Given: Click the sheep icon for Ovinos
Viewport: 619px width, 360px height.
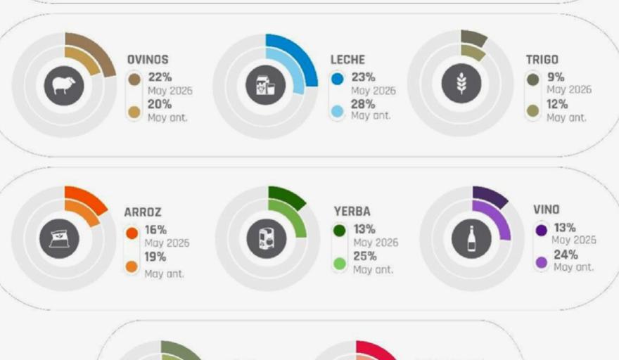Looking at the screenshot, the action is [x=64, y=86].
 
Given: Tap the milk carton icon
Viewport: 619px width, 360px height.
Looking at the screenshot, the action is [x=265, y=85].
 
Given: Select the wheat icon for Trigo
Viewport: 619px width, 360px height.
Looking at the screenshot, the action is [x=461, y=83].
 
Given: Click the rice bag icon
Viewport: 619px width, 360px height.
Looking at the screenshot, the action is [x=59, y=239].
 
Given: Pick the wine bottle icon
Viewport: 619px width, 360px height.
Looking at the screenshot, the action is [x=471, y=239].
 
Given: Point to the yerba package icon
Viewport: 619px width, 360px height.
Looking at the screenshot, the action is [x=267, y=239].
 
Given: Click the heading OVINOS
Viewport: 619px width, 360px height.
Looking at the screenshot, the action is [x=148, y=60].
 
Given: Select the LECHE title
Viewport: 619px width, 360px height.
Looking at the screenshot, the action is [x=347, y=60].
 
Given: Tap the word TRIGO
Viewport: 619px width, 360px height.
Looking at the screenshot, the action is [x=542, y=60].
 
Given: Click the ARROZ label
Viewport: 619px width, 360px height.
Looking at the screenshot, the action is [x=143, y=212].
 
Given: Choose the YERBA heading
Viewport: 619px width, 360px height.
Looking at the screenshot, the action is [x=352, y=211].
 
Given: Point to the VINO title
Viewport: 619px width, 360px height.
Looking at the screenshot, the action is [x=547, y=210].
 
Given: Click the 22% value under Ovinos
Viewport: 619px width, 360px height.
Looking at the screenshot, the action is [x=160, y=77].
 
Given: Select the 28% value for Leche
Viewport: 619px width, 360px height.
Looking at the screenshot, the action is [x=363, y=104].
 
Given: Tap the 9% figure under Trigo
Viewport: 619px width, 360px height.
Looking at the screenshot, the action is [x=556, y=77].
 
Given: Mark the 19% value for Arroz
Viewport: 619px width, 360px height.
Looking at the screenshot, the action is [x=155, y=257].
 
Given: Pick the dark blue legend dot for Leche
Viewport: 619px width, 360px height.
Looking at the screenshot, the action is [x=338, y=79].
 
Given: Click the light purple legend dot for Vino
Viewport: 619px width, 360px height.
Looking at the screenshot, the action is [x=541, y=262].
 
